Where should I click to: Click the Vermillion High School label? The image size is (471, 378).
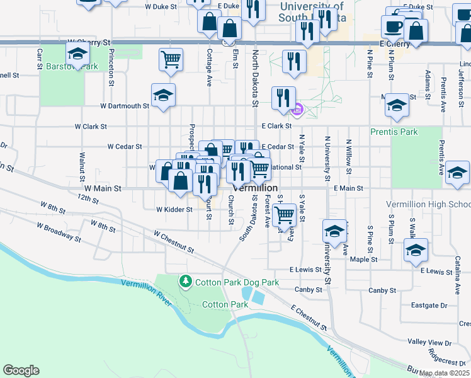click(428, 204)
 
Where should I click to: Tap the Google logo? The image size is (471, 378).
click(21, 370)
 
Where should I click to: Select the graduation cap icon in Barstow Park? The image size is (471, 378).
click(77, 54)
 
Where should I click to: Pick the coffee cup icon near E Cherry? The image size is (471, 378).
click(393, 27)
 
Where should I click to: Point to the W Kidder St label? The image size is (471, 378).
click(174, 209)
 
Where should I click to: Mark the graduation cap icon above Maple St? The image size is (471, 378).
click(416, 250)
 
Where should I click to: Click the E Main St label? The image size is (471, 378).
click(349, 188)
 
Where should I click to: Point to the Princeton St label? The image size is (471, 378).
click(111, 67)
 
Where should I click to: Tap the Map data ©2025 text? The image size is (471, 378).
click(443, 373)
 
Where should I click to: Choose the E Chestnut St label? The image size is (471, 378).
click(308, 318)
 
